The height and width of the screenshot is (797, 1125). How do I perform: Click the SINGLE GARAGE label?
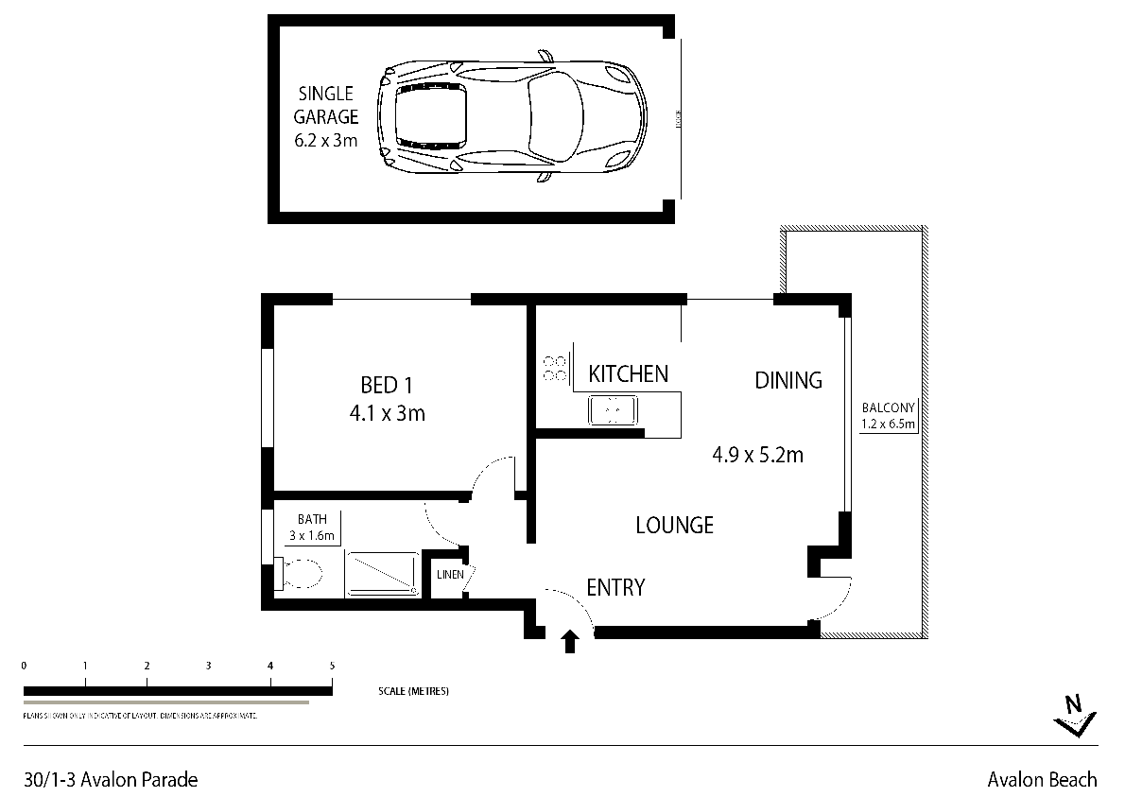click(325, 117)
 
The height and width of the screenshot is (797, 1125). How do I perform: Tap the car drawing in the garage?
click(511, 116)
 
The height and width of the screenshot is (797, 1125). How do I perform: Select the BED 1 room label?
click(387, 398)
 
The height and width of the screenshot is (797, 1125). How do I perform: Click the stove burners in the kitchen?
click(555, 368)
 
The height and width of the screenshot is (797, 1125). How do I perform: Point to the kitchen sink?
click(612, 410)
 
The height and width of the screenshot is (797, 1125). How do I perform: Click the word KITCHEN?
click(628, 374)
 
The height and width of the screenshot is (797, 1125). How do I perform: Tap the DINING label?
click(787, 380)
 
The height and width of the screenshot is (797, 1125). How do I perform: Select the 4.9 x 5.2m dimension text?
click(757, 455)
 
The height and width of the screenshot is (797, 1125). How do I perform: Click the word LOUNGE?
click(673, 525)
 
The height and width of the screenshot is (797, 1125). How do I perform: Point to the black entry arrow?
click(569, 643)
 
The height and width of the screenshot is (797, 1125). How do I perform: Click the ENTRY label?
click(615, 587)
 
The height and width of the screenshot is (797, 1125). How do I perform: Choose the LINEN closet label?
click(447, 575)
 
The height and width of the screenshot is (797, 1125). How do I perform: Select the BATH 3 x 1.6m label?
click(312, 528)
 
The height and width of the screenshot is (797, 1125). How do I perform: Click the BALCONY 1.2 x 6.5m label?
click(888, 416)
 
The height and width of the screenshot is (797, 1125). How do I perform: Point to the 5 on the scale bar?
click(332, 666)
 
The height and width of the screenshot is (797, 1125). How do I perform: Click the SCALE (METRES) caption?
click(412, 691)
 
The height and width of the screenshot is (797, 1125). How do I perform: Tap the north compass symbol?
click(1075, 716)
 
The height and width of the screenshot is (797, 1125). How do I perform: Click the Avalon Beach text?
click(1042, 780)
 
